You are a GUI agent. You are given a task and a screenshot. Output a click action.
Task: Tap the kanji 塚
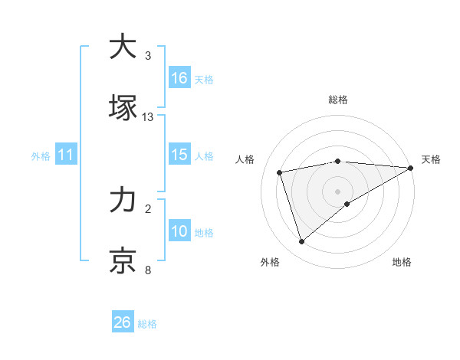point(123,107)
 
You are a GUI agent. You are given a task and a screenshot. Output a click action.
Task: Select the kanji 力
point(123,200)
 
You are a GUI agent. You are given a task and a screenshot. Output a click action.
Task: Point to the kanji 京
point(123,260)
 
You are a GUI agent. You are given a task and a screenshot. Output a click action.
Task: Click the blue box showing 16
point(179,78)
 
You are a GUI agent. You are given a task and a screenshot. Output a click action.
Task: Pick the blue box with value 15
point(179,155)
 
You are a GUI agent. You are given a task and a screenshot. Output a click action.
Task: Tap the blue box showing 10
point(179,231)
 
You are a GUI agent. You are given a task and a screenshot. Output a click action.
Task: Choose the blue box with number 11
point(65,155)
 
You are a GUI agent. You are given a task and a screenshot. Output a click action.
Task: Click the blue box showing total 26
point(123,322)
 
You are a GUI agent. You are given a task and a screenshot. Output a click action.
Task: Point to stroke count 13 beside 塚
point(148,117)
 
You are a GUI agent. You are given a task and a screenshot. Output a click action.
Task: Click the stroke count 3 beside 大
point(148,56)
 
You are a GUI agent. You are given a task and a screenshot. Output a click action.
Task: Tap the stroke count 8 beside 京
point(148,270)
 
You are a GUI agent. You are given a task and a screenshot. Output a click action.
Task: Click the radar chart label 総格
point(338,100)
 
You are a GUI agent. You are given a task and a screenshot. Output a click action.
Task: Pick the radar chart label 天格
point(431,159)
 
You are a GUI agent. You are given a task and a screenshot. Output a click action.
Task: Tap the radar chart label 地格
point(402,262)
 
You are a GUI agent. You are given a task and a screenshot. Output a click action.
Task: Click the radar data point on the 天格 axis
point(411,168)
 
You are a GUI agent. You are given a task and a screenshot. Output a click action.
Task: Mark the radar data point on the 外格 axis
point(302,242)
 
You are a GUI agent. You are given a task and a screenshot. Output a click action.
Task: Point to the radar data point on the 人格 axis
point(281,172)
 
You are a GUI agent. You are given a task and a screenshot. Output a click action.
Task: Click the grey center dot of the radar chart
point(338,191)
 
